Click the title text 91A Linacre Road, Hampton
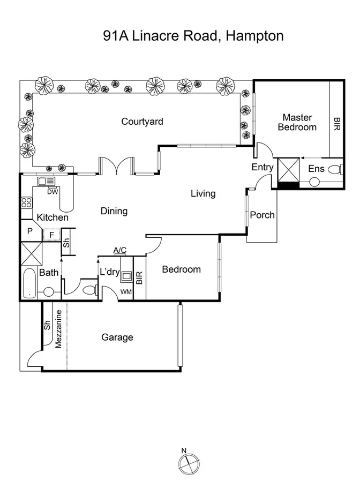pyautogui.click(x=193, y=36)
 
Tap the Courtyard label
pyautogui.click(x=142, y=122)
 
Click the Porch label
pyautogui.click(x=262, y=215)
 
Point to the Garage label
pyautogui.click(x=117, y=337)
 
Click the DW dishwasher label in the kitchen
pyautogui.click(x=52, y=192)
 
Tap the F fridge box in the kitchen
pyautogui.click(x=52, y=235)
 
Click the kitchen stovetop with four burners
pyautogui.click(x=26, y=203)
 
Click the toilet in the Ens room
pyautogui.click(x=334, y=170)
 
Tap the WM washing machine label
pyautogui.click(x=126, y=291)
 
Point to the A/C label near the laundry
pyautogui.click(x=120, y=250)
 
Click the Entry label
pyautogui.click(x=262, y=167)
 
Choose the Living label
pyautogui.click(x=203, y=193)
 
